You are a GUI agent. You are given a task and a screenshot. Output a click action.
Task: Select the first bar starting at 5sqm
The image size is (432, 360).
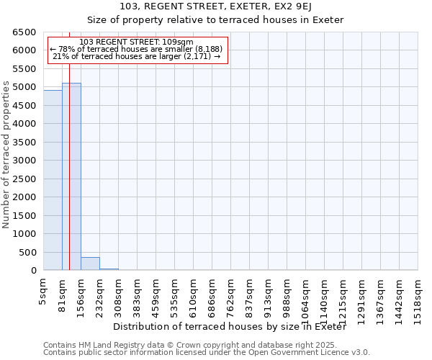click(x=53, y=180)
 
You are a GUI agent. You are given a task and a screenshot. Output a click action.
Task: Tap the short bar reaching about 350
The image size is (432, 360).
click(x=90, y=264)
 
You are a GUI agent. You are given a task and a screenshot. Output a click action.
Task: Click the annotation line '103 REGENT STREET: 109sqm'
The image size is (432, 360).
click(x=136, y=42)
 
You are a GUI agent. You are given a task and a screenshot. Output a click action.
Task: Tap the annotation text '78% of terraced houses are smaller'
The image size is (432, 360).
click(x=136, y=49)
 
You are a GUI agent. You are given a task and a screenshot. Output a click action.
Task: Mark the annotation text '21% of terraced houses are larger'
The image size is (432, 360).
click(x=136, y=56)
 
